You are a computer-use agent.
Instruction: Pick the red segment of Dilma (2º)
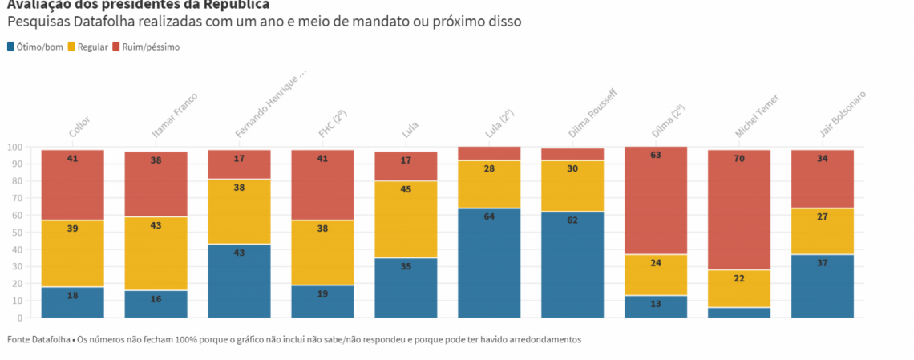[x=656, y=200]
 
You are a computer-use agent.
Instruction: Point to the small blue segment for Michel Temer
[x=739, y=313]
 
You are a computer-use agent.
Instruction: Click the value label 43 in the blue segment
[x=239, y=253]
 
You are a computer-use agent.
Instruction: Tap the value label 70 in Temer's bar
[x=739, y=159]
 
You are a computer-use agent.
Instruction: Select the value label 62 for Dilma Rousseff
[x=572, y=220]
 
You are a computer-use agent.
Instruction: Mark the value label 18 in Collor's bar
[x=72, y=296]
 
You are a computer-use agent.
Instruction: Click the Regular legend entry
[x=87, y=47]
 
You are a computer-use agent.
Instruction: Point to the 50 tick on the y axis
[x=16, y=233]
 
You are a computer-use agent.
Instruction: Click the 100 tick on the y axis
[x=14, y=148]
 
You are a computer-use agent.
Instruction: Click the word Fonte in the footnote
[x=19, y=339]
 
